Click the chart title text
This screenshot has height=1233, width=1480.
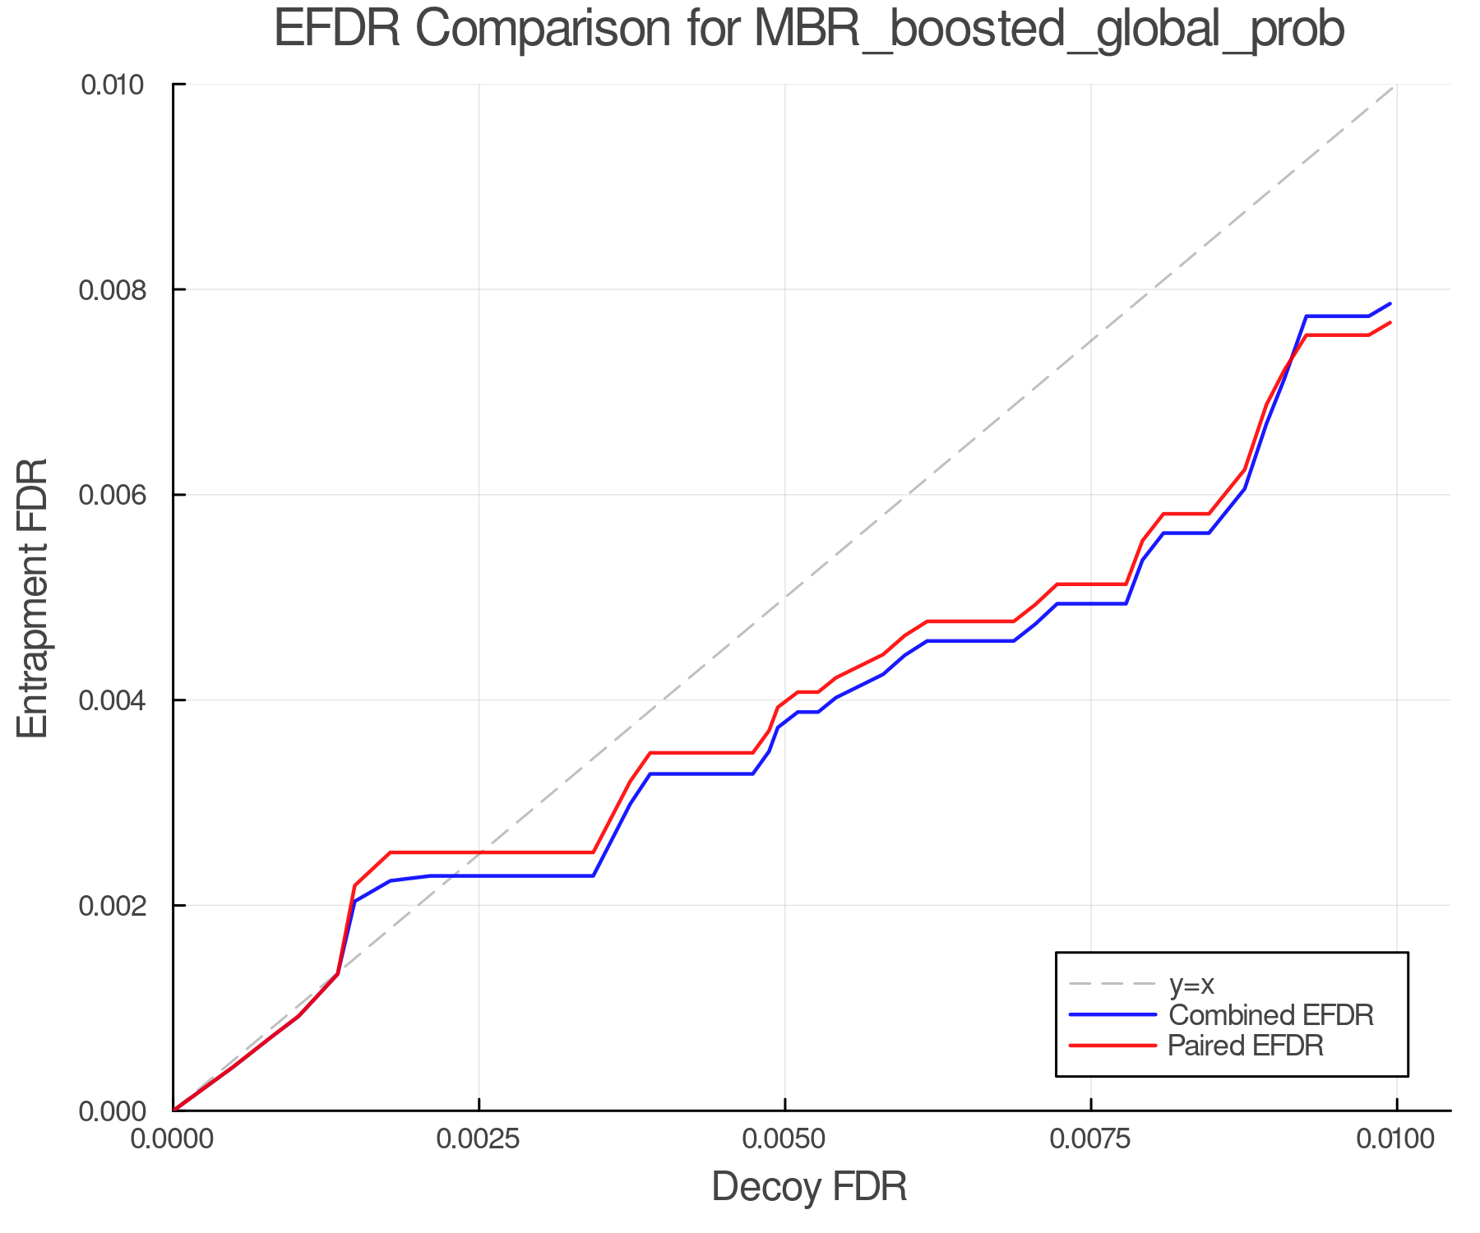coord(808,30)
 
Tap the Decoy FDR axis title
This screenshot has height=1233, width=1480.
coord(808,1186)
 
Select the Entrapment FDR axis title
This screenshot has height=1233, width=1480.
coord(33,598)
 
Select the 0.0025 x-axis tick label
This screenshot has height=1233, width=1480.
coord(479,1139)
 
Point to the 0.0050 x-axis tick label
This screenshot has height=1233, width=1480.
coord(784,1139)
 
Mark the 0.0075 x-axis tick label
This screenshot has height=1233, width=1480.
coord(1090,1139)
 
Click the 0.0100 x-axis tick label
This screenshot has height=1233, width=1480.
coord(1396,1139)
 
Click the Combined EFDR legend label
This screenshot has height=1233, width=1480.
coord(1270,1014)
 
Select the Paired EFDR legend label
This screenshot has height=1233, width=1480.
coord(1245,1045)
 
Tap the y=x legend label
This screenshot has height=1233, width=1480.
coord(1191,984)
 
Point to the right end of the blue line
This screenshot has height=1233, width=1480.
coord(1390,303)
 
